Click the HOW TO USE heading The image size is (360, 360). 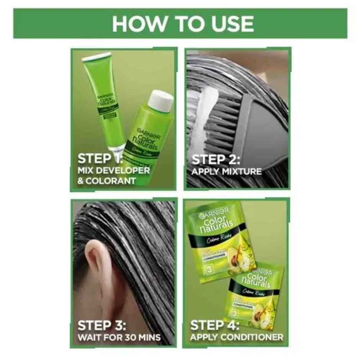183,24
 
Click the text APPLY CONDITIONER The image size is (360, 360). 237,337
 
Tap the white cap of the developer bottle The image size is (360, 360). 160,100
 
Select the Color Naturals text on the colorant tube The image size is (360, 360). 105,100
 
